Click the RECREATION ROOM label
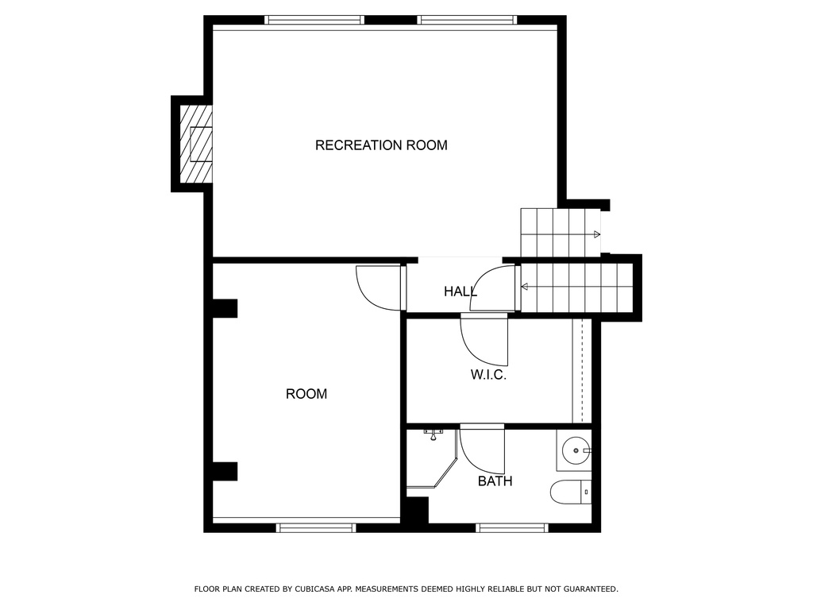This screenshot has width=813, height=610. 381,145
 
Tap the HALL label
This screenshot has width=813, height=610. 460,291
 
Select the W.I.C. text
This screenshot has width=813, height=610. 488,375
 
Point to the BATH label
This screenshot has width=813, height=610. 495,481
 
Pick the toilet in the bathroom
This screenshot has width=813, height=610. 572,492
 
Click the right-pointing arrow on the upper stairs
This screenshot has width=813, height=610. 595,234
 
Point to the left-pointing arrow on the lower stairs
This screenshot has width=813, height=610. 525,286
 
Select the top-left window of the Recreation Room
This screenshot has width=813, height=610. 314,20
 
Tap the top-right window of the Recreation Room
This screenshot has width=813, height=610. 468,20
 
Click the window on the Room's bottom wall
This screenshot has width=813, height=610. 315,527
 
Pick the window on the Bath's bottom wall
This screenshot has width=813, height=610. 512,527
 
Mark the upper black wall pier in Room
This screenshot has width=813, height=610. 225,308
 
